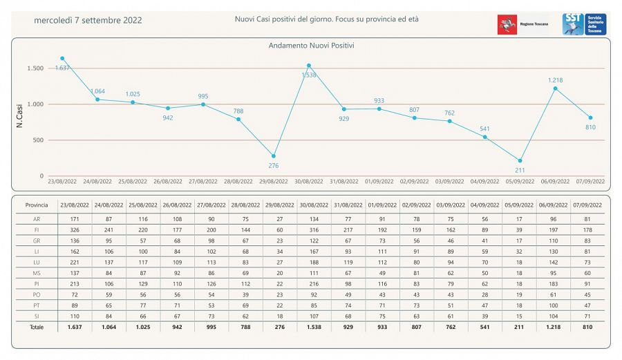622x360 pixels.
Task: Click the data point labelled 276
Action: (274, 156)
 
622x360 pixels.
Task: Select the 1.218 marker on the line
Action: (555, 88)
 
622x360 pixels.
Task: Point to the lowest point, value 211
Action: (520, 161)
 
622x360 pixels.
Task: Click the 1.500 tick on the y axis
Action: (36, 68)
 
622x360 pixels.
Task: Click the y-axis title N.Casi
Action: (21, 115)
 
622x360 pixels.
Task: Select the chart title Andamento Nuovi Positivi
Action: (310, 46)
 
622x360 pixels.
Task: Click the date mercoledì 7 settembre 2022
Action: (88, 20)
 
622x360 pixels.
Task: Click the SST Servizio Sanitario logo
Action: (584, 24)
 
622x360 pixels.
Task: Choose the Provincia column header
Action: (37, 205)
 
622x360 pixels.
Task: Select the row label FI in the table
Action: (37, 229)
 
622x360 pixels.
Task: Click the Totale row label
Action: (37, 327)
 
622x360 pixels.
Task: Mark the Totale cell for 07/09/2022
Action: (590, 327)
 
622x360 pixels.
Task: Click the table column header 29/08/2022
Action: (281, 205)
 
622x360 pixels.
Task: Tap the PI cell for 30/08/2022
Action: (314, 283)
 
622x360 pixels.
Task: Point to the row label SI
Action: (37, 315)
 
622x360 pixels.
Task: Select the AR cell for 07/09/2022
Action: (590, 218)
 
